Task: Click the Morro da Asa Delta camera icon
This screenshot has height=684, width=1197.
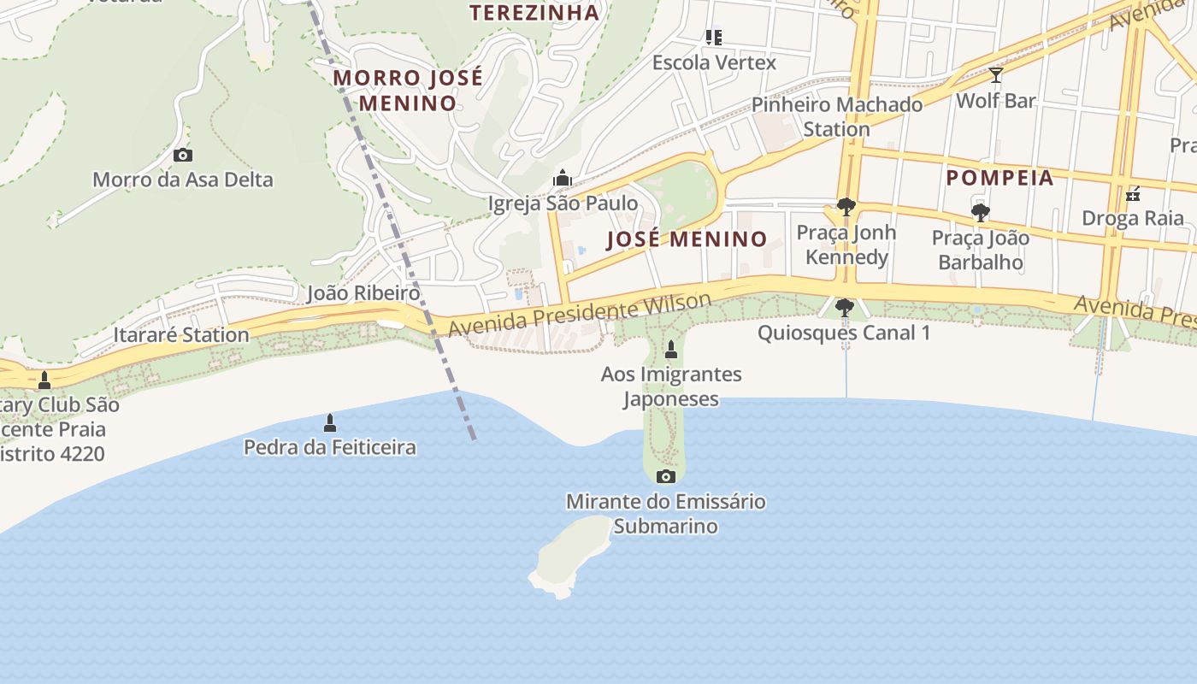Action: point(182,155)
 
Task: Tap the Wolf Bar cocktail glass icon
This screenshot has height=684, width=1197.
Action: point(995,75)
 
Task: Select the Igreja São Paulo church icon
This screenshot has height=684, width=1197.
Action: point(563,178)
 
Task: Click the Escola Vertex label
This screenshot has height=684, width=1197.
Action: point(714,62)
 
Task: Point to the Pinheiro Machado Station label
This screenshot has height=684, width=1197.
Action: point(836,117)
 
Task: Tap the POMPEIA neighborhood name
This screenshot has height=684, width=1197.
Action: point(999,178)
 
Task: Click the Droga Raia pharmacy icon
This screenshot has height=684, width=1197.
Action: point(1133,193)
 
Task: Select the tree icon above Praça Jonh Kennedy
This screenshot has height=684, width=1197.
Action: point(846,207)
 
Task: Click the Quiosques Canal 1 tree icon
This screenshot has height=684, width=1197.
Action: point(844,308)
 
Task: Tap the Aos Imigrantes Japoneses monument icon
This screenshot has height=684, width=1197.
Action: point(671,349)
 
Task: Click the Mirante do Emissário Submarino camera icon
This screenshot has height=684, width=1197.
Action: point(666,476)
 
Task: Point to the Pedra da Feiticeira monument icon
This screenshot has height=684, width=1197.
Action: point(330,422)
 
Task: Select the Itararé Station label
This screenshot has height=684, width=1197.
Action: point(181,334)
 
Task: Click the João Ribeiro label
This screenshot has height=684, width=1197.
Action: point(363,293)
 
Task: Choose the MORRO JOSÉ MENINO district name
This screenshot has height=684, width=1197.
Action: point(408,90)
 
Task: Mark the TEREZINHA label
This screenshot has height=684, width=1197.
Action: point(534,13)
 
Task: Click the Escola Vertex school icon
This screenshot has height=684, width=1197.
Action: point(714,37)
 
